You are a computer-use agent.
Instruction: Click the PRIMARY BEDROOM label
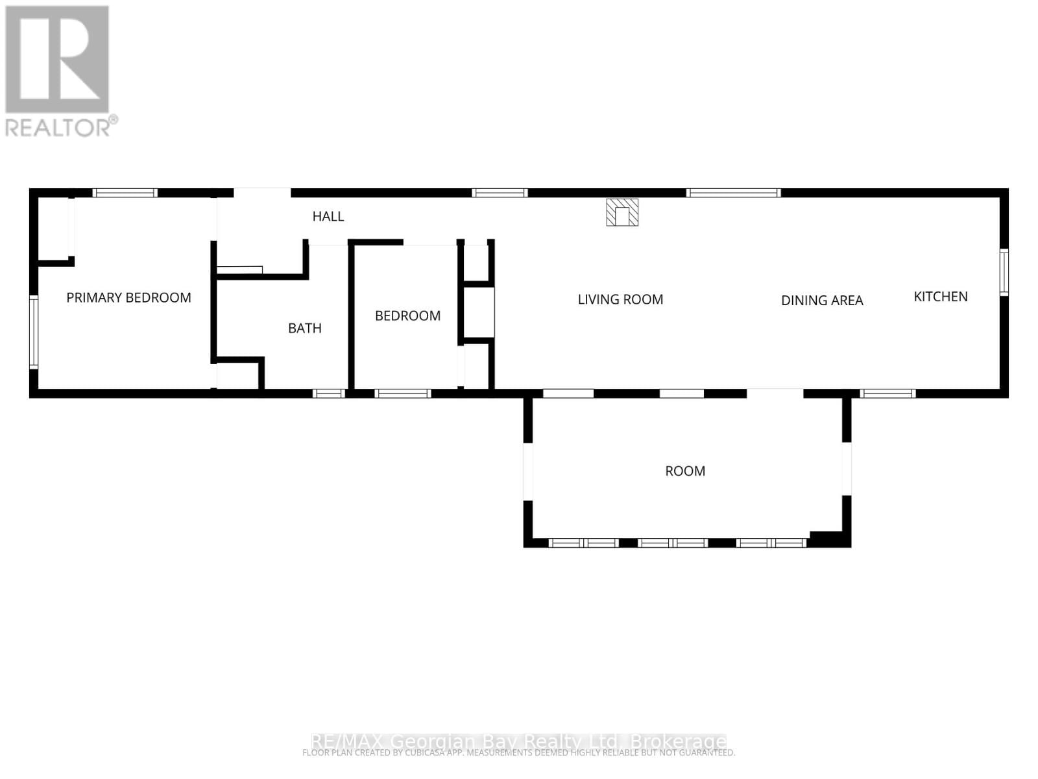(128, 298)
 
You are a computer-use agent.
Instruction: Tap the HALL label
(328, 217)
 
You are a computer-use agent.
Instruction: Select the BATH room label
(305, 328)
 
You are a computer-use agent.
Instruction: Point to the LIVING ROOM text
(620, 300)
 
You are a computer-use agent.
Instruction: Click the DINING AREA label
(822, 301)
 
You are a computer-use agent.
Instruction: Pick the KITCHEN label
(941, 297)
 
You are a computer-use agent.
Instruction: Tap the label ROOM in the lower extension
(685, 471)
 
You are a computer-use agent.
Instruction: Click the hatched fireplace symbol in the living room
(622, 212)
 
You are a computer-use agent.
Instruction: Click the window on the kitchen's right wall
(1004, 273)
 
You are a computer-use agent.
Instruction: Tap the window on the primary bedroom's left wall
(34, 332)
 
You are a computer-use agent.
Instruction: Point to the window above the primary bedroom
(125, 193)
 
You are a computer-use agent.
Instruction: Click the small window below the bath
(328, 393)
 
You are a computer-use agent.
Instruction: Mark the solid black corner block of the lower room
(829, 539)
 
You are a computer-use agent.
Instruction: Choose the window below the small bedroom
(403, 393)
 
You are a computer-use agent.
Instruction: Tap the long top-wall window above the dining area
(733, 193)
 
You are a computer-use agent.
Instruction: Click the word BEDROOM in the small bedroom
(407, 316)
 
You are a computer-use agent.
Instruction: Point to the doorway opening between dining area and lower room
(775, 393)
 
